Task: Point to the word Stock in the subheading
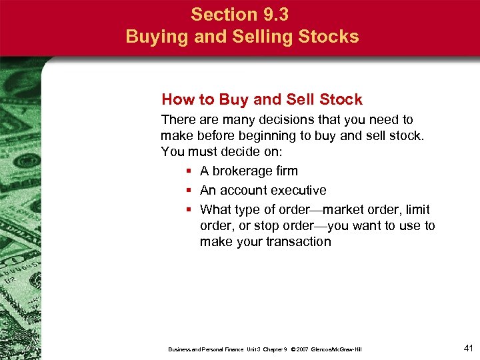(x=340, y=100)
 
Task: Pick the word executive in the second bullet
(x=297, y=191)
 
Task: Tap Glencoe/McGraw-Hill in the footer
(x=337, y=349)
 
